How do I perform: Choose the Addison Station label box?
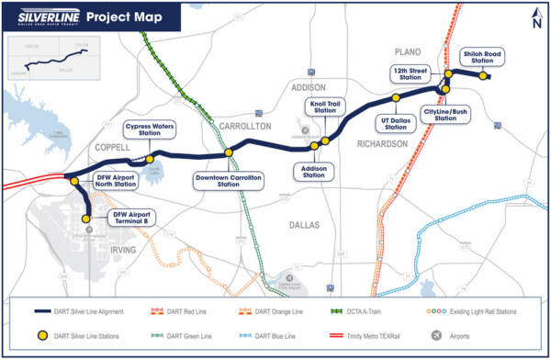pyautogui.click(x=309, y=173)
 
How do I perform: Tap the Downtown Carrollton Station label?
pyautogui.click(x=228, y=180)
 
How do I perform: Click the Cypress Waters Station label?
pyautogui.click(x=149, y=129)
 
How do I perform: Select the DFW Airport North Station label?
pyautogui.click(x=116, y=180)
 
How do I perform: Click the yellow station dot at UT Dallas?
pyautogui.click(x=396, y=97)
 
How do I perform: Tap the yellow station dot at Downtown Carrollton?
pyautogui.click(x=229, y=152)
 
